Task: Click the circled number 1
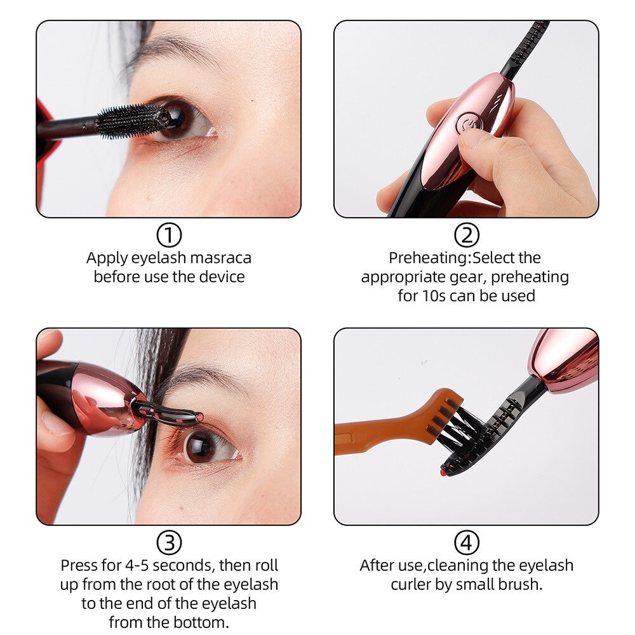pos(169,236)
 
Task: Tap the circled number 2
pos(467,236)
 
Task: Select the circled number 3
pos(169,543)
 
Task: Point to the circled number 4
pos(467,543)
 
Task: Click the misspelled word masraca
pos(220,258)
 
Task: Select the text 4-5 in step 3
pos(137,565)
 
